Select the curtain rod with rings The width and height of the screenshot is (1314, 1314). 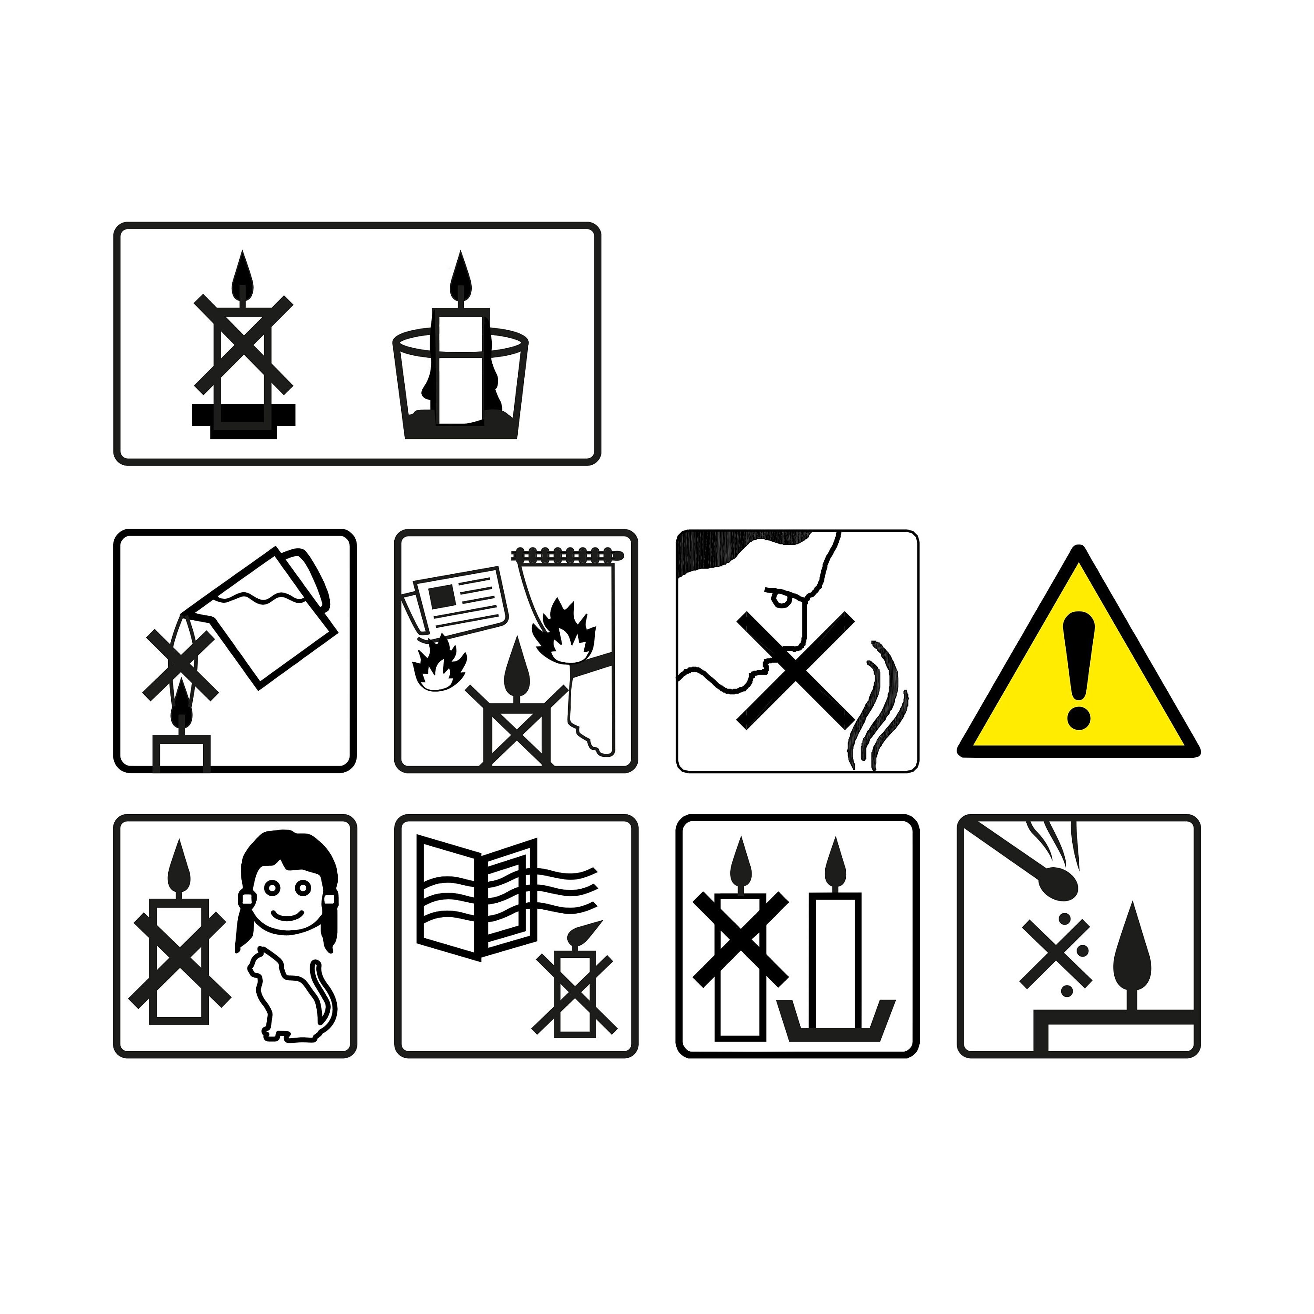(x=568, y=556)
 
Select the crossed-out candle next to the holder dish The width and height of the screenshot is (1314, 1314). (x=740, y=952)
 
